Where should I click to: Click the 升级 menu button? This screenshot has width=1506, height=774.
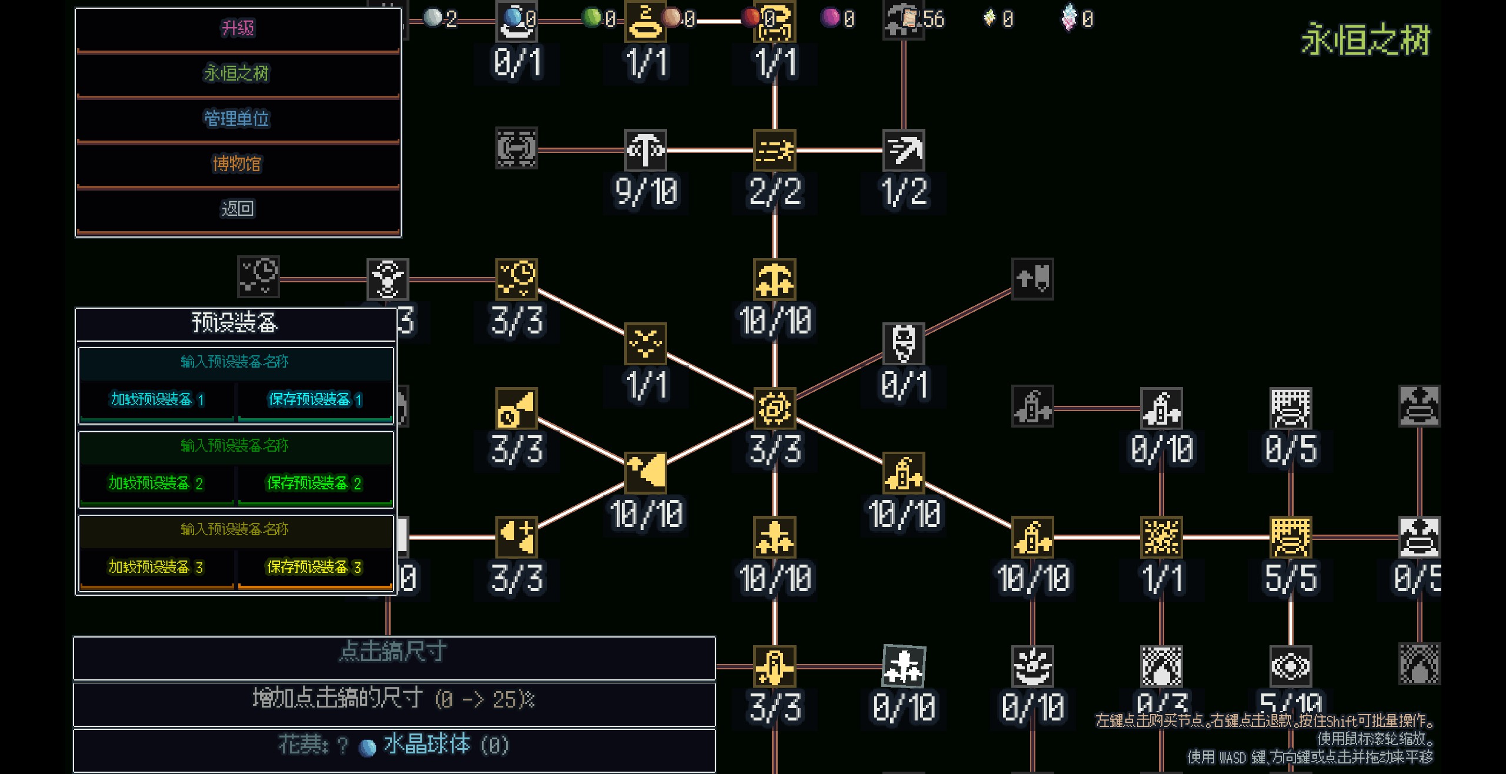238,28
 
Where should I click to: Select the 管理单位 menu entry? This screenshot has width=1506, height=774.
238,119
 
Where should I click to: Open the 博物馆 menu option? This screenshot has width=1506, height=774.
238,164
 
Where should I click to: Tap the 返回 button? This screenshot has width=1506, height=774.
238,209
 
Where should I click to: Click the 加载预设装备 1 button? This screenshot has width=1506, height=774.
157,400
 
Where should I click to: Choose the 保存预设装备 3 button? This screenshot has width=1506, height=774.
315,567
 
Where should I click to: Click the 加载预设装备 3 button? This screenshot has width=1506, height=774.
157,567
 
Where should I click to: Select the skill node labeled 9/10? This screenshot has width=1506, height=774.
645,150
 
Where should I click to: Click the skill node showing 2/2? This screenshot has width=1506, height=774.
774,150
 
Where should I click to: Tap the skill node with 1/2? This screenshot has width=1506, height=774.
904,150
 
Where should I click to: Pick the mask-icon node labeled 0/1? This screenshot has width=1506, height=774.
904,343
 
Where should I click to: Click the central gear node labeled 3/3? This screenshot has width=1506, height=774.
774,408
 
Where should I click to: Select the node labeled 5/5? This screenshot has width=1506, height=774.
1291,537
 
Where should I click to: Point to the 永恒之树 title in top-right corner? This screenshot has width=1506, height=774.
1365,40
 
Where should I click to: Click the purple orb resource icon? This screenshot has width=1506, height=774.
830,18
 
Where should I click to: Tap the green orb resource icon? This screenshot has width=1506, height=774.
591,18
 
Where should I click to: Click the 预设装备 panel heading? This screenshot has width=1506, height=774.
235,323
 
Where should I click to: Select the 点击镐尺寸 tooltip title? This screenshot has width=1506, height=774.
394,652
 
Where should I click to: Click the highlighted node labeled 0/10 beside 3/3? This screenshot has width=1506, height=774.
904,666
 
